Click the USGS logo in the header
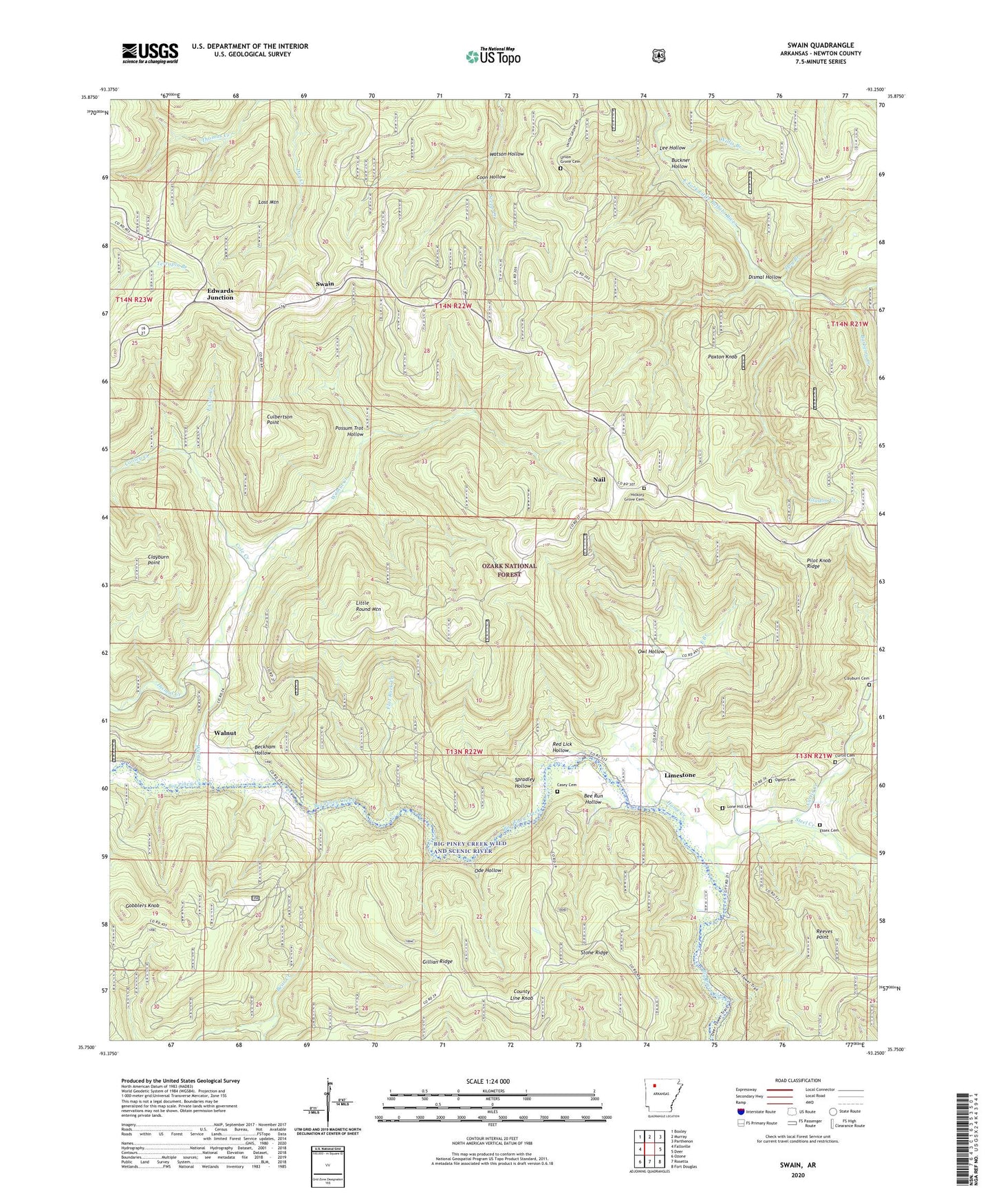coord(150,52)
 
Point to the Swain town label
coord(325,284)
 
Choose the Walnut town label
coord(225,733)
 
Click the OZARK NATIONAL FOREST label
coord(509,570)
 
